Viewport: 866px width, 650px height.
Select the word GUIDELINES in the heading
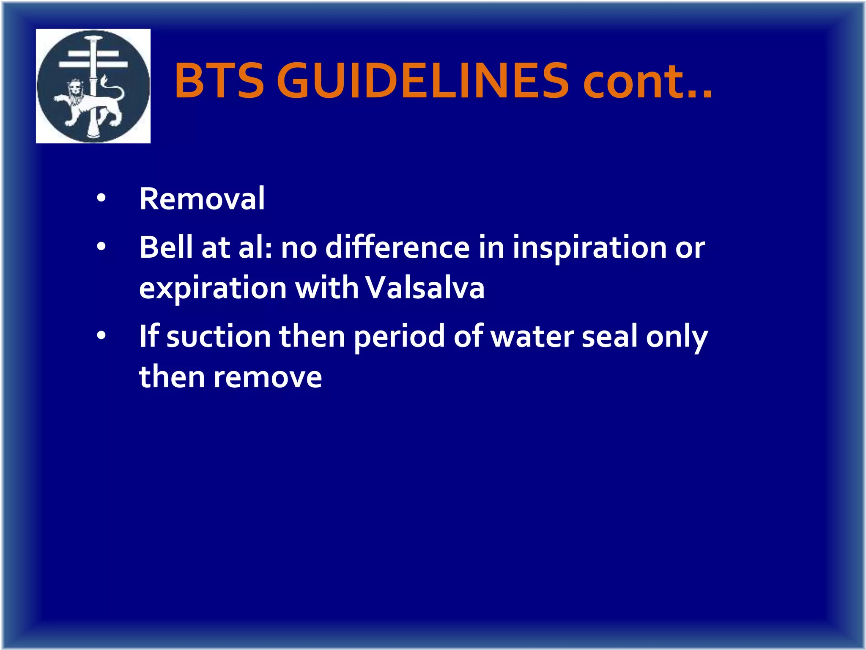tap(422, 80)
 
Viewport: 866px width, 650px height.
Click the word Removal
tap(202, 198)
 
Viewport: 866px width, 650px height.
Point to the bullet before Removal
tap(101, 198)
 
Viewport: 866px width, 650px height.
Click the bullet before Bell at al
tap(101, 246)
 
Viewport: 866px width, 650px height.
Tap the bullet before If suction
tap(101, 336)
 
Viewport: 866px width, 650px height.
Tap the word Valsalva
tap(425, 288)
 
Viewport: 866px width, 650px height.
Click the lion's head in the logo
tap(75, 90)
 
